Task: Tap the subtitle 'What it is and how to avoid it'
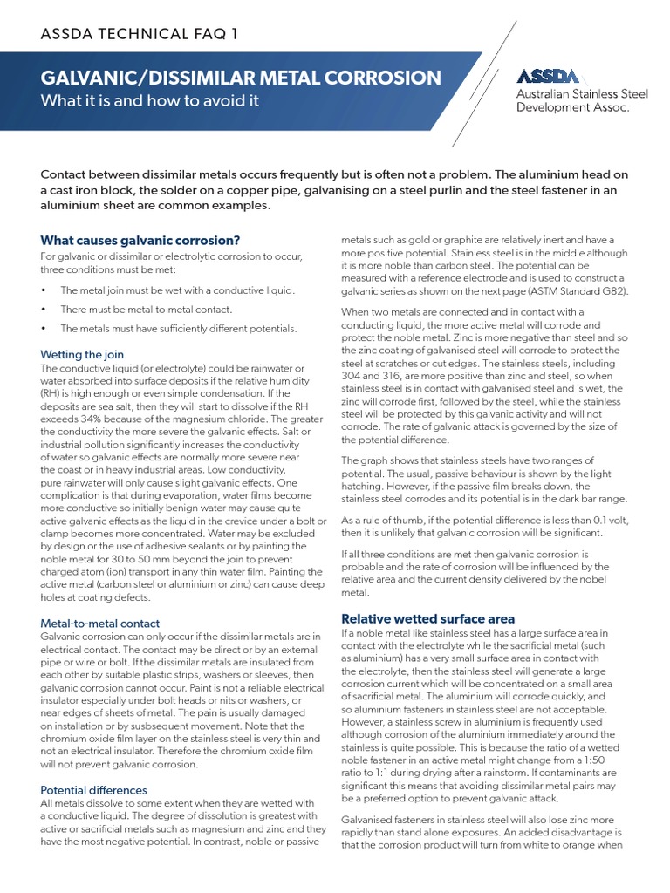coord(150,100)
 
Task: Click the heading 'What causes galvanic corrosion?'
coord(140,240)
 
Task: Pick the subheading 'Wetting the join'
coord(82,354)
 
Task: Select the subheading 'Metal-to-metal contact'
coord(100,623)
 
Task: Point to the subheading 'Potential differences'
coord(95,790)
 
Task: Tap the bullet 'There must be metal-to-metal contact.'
coord(146,309)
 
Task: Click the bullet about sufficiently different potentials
coord(178,328)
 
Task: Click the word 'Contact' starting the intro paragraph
coord(66,174)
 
